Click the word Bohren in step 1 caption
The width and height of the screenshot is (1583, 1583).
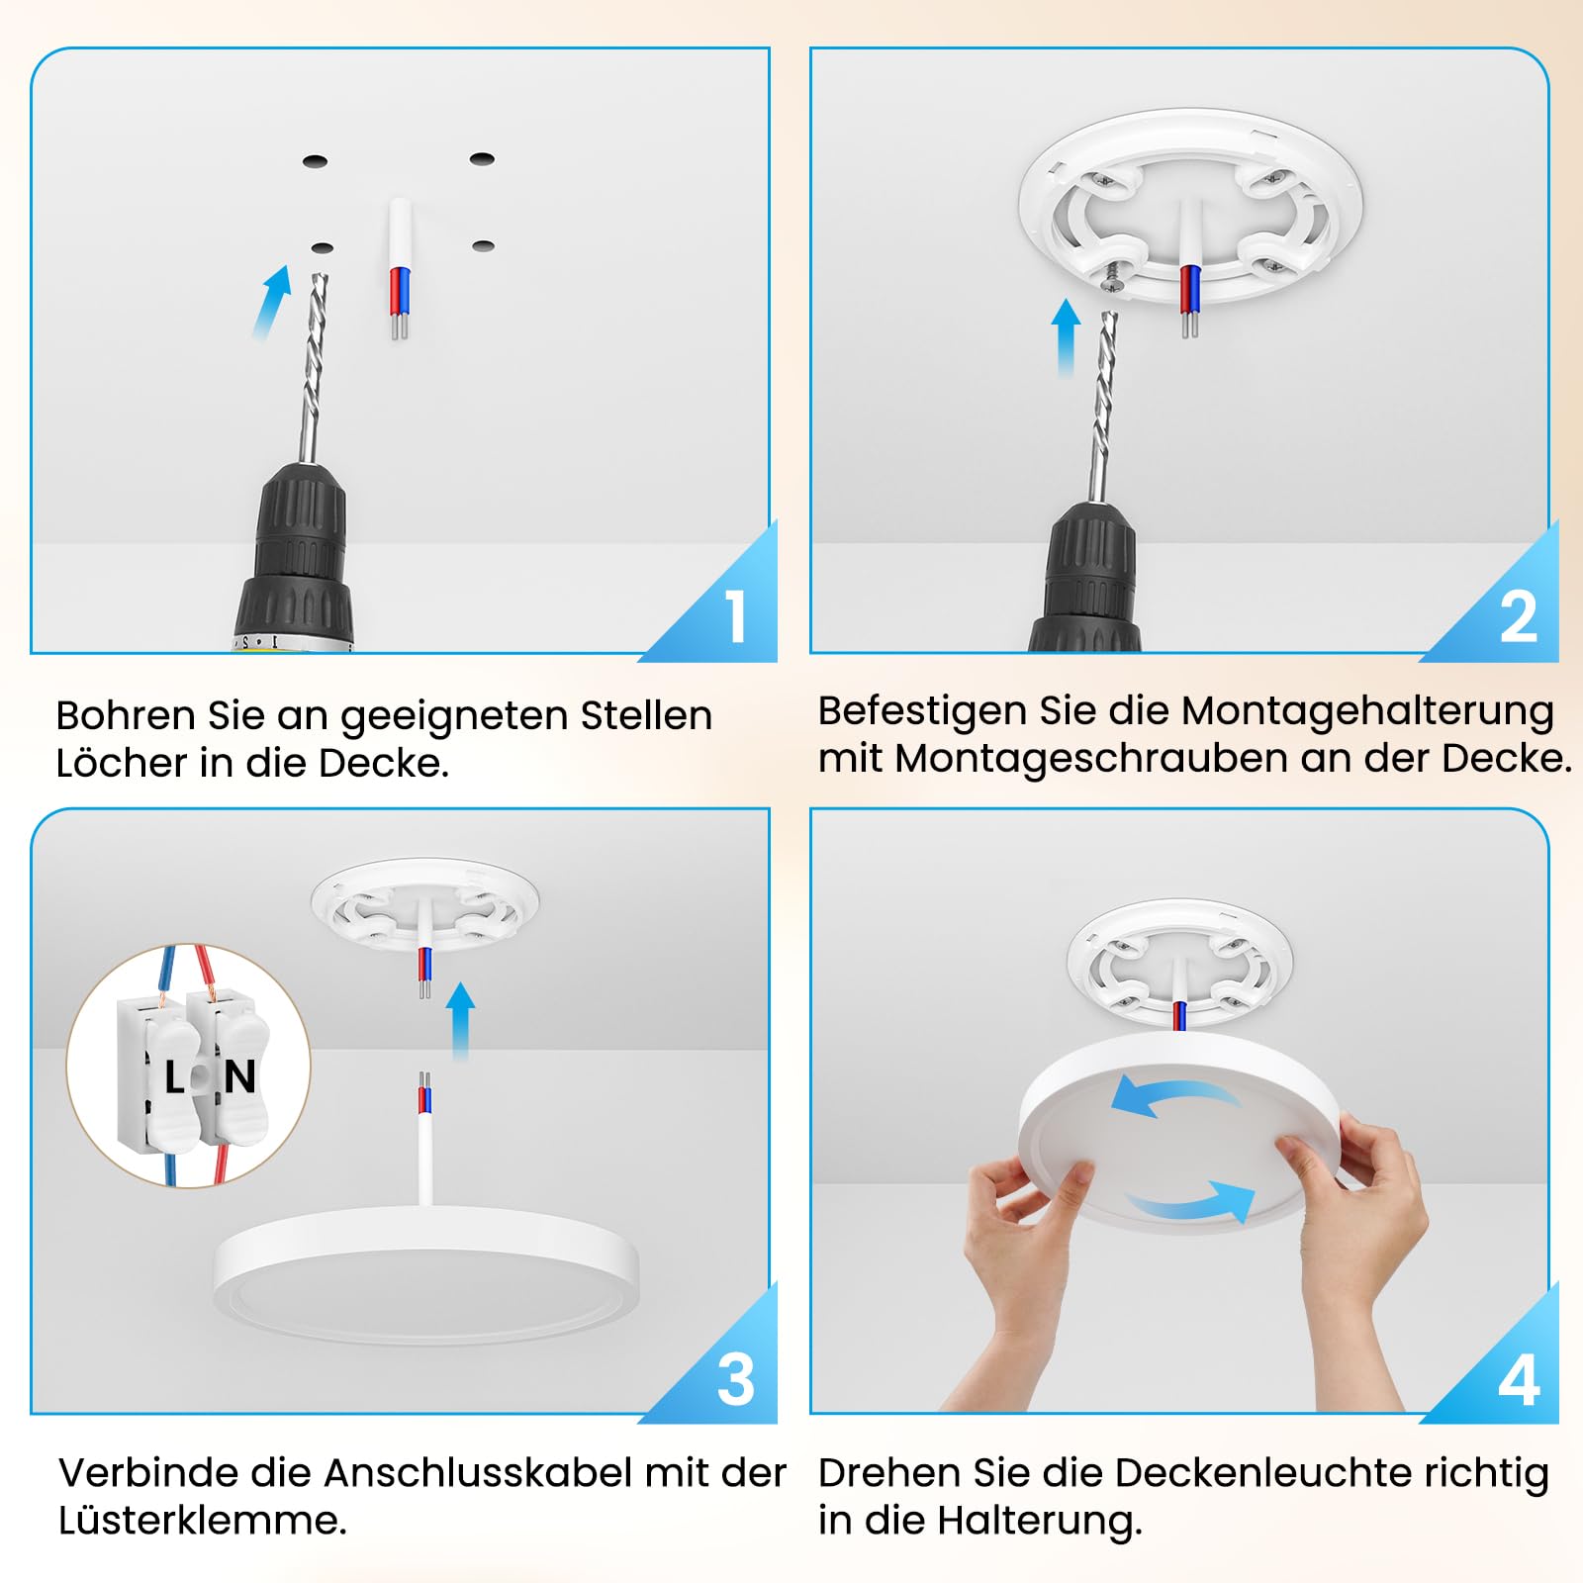pyautogui.click(x=126, y=715)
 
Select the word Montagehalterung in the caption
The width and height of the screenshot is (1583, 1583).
pyautogui.click(x=1368, y=712)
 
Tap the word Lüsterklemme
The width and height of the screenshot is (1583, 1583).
pyautogui.click(x=202, y=1520)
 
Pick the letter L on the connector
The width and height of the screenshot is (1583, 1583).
pyautogui.click(x=175, y=1077)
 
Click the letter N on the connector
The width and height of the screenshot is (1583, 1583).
pyautogui.click(x=239, y=1076)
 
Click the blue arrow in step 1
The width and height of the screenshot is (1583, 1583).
pyautogui.click(x=271, y=302)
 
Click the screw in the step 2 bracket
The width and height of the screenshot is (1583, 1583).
pyautogui.click(x=1113, y=276)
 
